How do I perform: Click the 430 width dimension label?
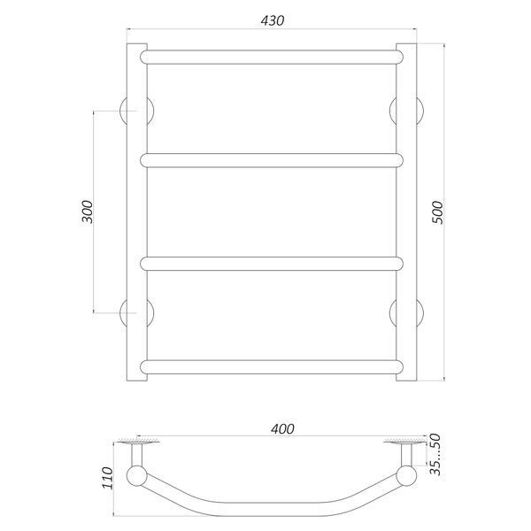coord(273,21)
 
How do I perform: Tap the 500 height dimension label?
coord(437,212)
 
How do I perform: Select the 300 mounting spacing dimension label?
coord(87,212)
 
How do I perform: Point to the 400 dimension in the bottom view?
coord(282,429)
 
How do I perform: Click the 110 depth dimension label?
coord(108,478)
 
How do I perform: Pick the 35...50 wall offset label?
coord(435,455)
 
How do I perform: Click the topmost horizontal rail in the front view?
coord(272,58)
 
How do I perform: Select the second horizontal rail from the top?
coord(272,160)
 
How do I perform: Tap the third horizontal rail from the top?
coord(272,264)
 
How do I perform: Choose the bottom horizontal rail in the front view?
coord(272,367)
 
